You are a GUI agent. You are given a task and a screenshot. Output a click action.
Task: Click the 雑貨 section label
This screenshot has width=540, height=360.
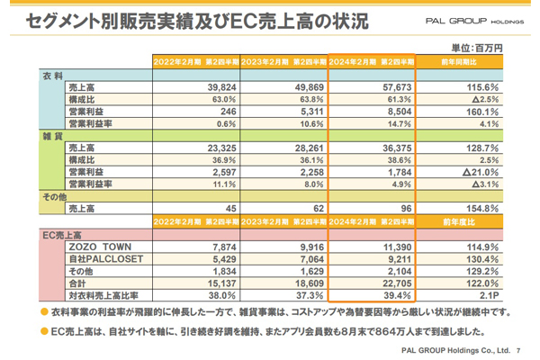click(51, 135)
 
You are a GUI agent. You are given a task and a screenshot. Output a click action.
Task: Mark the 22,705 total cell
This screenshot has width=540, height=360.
click(388, 283)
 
